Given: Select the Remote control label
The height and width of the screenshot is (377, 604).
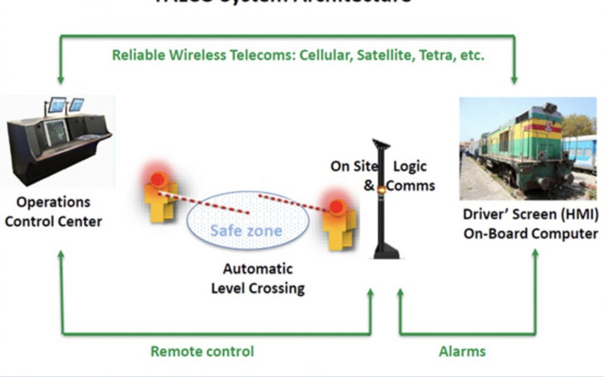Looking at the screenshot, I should (202, 351).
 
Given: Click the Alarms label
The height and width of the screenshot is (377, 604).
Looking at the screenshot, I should (462, 351).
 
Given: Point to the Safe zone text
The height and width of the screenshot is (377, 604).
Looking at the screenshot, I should (246, 230).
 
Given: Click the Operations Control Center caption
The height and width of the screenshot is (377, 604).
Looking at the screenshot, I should (54, 212).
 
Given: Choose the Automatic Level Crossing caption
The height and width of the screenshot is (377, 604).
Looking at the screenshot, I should (257, 278).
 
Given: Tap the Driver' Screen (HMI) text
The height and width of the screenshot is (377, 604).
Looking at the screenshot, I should (530, 214).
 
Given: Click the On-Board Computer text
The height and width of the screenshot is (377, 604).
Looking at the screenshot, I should (530, 233).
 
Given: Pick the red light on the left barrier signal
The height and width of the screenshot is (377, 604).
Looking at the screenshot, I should (158, 179).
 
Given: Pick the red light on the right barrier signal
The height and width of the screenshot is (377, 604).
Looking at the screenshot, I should (336, 207).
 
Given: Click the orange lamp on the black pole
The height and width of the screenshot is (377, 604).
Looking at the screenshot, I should (381, 189).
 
